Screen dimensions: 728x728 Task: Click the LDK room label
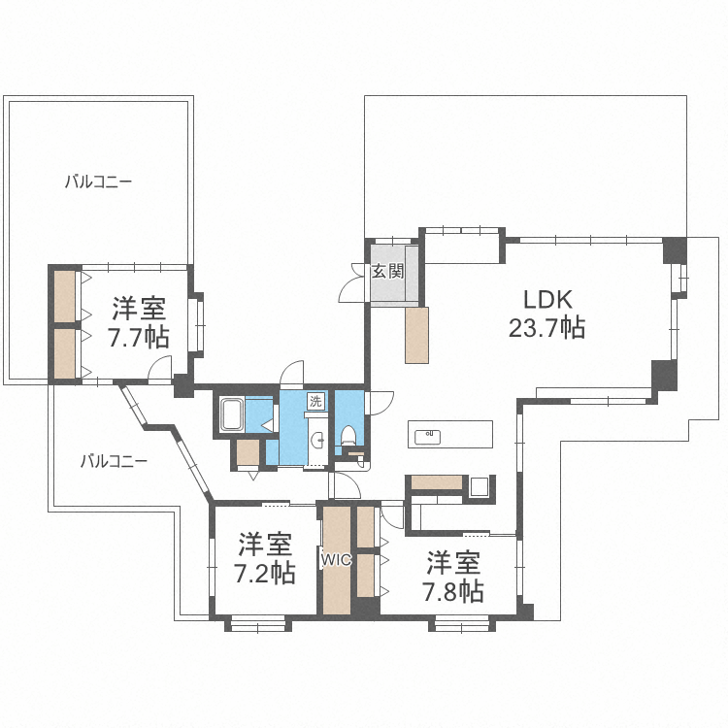(x=547, y=300)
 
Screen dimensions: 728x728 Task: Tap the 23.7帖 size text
(x=546, y=328)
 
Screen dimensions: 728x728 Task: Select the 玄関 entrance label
(x=387, y=272)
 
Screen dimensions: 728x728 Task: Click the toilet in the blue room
(x=347, y=436)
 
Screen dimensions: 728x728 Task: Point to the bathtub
(x=232, y=414)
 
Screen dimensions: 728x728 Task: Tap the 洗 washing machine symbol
(x=315, y=401)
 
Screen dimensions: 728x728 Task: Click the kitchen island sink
(x=427, y=437)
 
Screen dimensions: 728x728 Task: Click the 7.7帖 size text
(x=139, y=337)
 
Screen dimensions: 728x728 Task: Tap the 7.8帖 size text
(x=452, y=591)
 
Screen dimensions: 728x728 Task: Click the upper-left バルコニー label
(x=98, y=182)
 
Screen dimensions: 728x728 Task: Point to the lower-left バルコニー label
(x=114, y=461)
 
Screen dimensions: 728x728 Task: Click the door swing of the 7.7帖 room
(x=160, y=368)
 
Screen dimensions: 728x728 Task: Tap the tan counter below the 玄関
(x=416, y=335)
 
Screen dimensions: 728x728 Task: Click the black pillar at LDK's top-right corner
(x=675, y=250)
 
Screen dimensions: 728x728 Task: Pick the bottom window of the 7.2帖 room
(x=258, y=623)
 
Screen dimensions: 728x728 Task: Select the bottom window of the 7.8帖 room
(x=462, y=623)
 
